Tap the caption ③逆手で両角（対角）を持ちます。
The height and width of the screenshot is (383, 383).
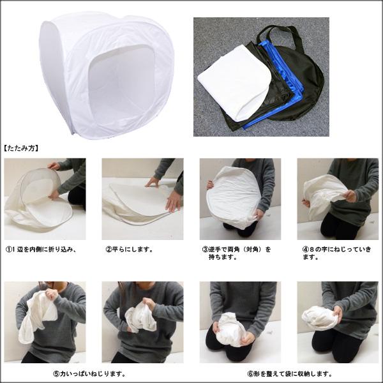(x=237, y=253)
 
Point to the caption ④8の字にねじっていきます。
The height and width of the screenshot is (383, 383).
(x=336, y=253)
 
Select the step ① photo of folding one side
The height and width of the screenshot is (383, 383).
(x=45, y=199)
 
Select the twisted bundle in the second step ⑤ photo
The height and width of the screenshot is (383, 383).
(x=140, y=316)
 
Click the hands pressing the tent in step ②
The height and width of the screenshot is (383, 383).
(x=170, y=199)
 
